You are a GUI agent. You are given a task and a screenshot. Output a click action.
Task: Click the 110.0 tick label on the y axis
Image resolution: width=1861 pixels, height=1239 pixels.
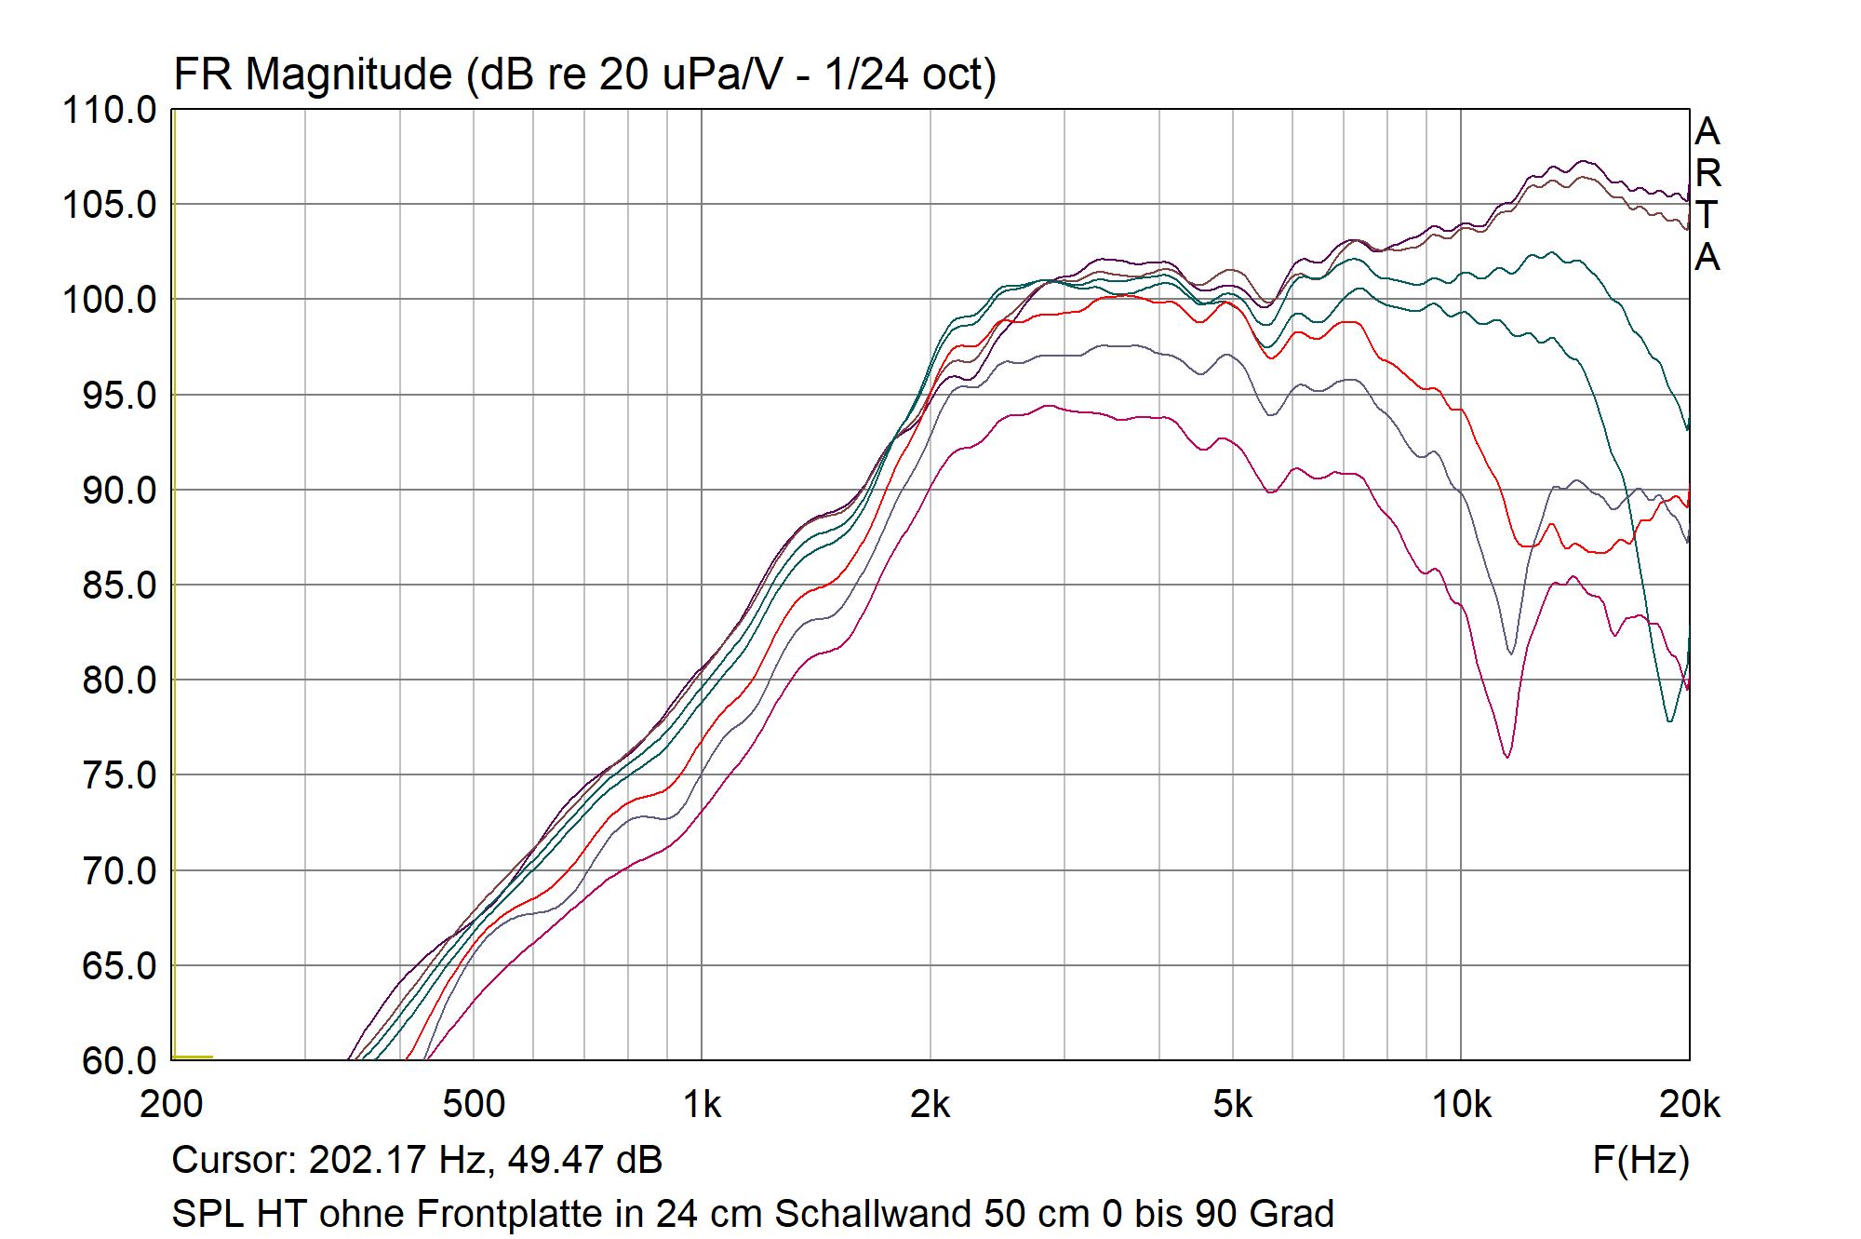click(109, 111)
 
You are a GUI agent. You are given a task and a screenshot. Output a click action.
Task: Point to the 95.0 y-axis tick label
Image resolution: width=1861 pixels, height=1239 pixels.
click(119, 396)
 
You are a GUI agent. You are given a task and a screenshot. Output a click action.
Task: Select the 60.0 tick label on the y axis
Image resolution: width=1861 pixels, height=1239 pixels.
click(119, 1061)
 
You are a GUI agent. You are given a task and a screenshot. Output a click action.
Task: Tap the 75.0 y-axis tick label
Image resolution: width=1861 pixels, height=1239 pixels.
click(119, 775)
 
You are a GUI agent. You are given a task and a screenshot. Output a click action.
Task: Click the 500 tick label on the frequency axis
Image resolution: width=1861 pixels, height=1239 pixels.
click(474, 1105)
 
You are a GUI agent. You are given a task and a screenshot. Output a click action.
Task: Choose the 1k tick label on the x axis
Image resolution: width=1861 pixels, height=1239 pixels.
click(702, 1105)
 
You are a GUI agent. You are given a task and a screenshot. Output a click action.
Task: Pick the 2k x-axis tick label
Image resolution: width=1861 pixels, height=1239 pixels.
click(930, 1105)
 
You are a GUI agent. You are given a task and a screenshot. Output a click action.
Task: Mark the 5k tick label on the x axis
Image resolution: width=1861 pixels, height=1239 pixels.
click(1232, 1105)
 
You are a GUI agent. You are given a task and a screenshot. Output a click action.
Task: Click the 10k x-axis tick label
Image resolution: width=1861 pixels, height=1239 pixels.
click(1461, 1105)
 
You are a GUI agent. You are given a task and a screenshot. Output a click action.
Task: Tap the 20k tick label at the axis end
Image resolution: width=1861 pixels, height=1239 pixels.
click(1689, 1105)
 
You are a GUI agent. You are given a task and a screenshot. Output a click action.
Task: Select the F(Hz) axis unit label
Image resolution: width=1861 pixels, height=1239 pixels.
click(1640, 1160)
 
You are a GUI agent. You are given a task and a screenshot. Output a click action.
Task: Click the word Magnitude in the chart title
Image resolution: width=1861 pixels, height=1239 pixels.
click(348, 74)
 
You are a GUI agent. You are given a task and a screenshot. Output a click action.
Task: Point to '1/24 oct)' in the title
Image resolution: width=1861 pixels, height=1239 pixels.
click(910, 74)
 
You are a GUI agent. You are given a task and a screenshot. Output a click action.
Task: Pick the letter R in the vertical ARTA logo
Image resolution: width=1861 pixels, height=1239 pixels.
click(1707, 173)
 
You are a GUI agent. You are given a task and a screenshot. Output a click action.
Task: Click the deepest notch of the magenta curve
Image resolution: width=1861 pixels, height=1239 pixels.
click(1507, 756)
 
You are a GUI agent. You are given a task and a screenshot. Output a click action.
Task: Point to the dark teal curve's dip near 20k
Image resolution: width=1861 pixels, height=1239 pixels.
click(1670, 721)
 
